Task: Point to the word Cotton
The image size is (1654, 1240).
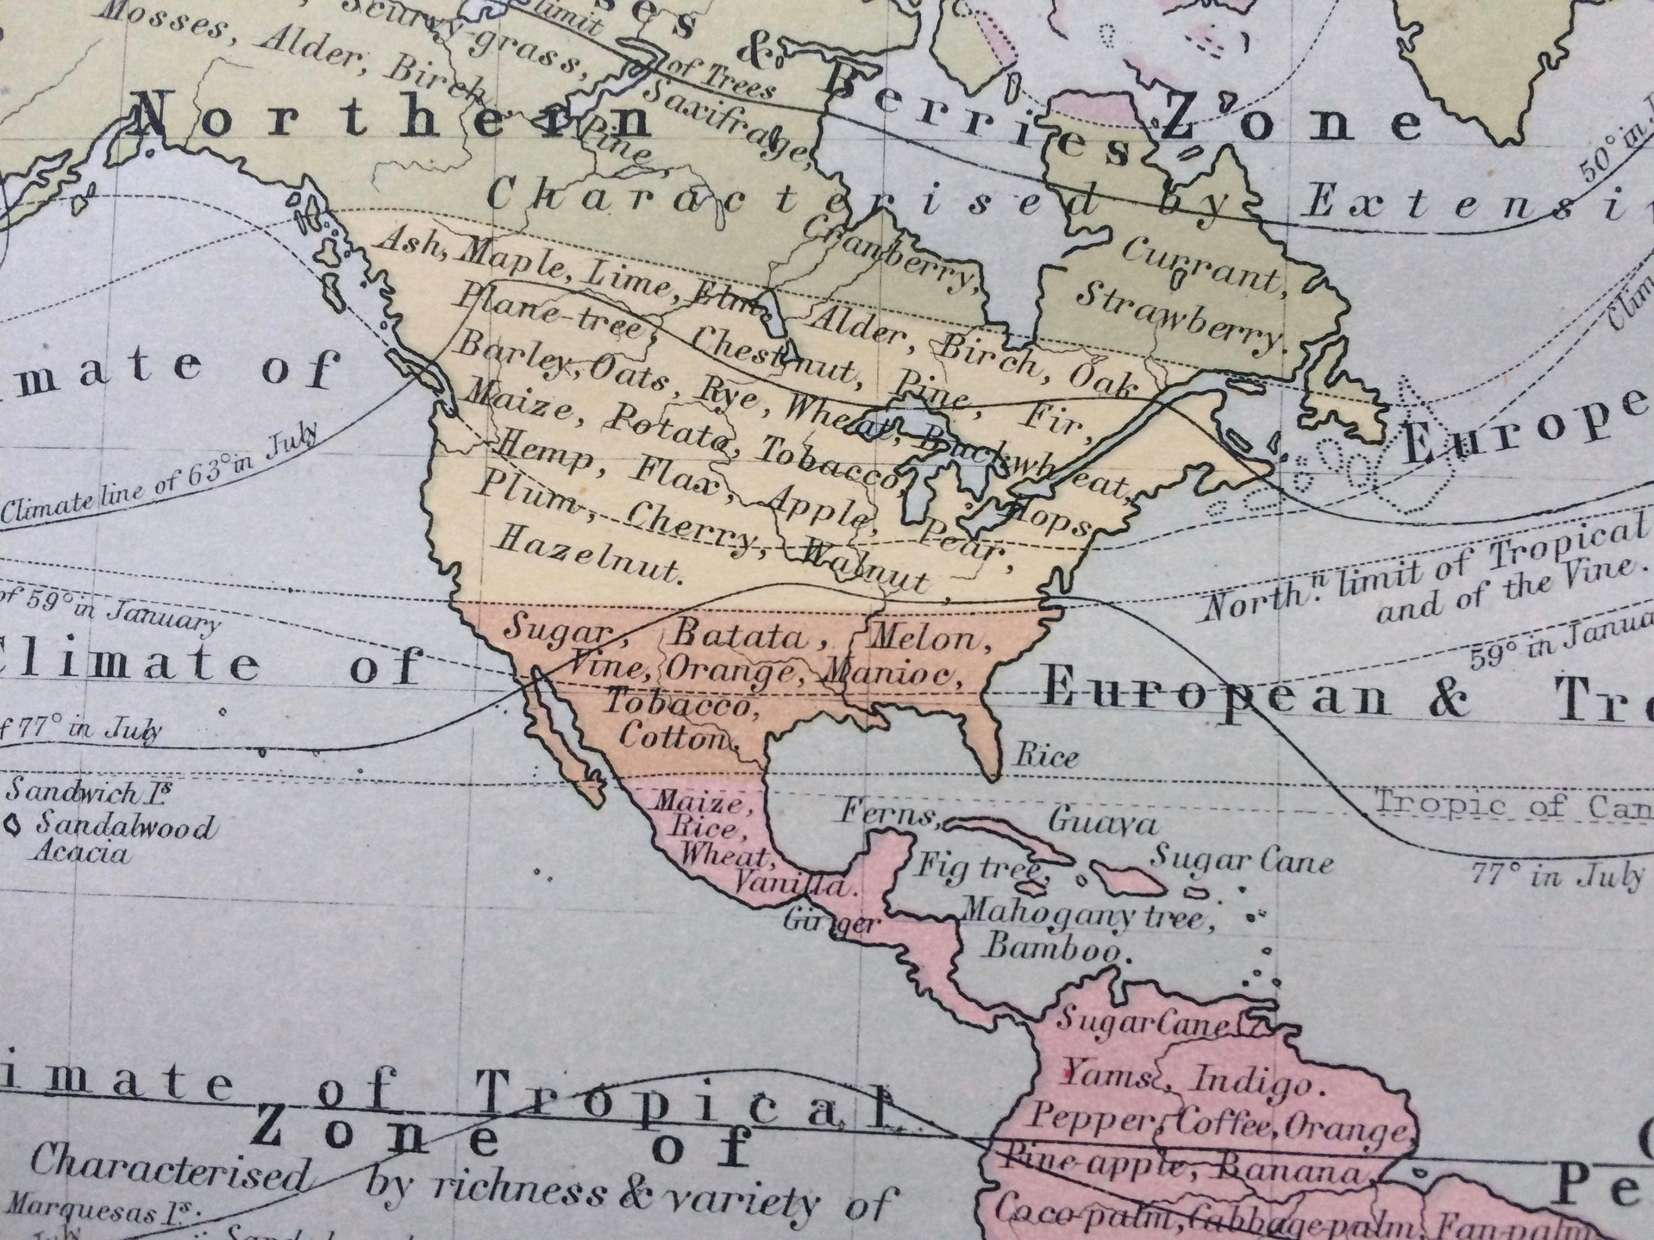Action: pyautogui.click(x=674, y=738)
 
